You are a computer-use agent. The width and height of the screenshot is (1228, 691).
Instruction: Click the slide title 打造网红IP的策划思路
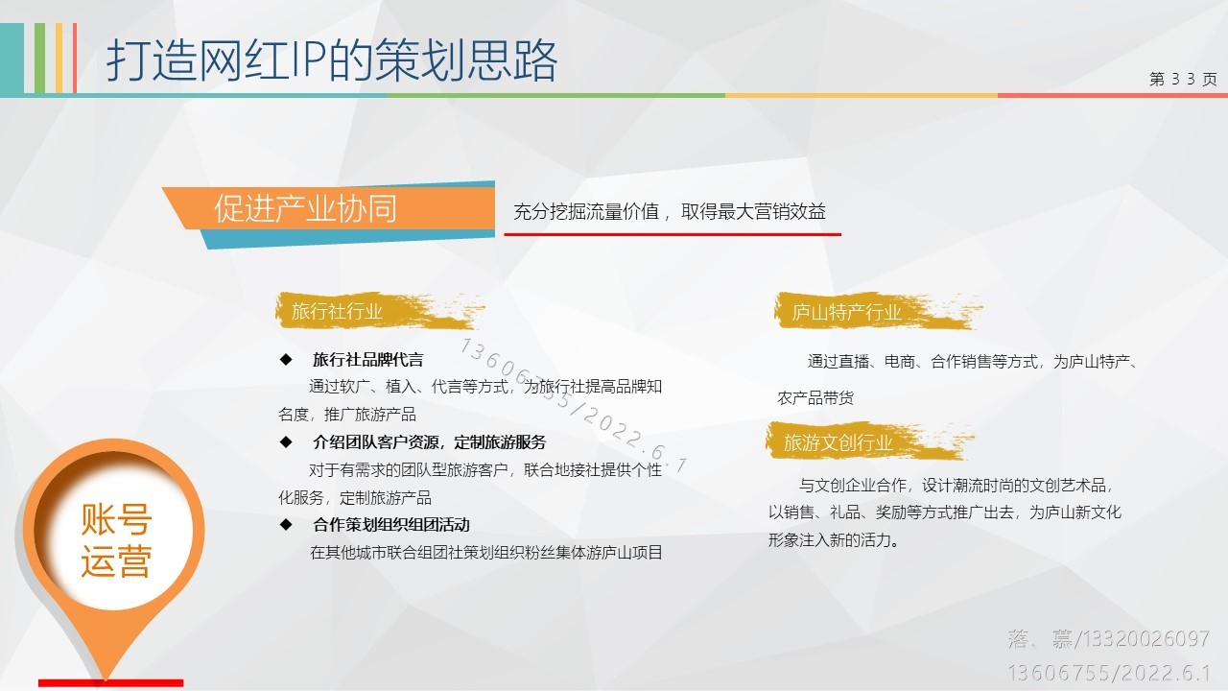tap(332, 60)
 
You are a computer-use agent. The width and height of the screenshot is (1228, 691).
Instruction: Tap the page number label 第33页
tap(1183, 79)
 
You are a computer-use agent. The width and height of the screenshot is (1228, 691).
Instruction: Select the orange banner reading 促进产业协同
tap(329, 209)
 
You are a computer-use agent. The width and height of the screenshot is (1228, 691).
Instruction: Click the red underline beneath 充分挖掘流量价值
tap(673, 234)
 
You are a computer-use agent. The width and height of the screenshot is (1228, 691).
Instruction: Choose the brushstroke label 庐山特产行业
tap(877, 312)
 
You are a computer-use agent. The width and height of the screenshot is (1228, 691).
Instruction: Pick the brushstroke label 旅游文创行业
tap(869, 442)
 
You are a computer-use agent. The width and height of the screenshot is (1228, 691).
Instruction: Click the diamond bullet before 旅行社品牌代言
tap(286, 360)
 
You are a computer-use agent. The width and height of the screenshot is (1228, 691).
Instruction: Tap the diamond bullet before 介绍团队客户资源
tap(286, 442)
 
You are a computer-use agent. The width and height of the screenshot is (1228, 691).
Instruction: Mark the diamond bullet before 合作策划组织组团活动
tap(286, 525)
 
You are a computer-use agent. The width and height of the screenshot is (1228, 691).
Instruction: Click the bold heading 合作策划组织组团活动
tap(391, 525)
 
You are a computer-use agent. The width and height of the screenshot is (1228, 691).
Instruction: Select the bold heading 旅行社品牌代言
tap(368, 360)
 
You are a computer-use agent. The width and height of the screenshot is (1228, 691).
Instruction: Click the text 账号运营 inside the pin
tap(116, 540)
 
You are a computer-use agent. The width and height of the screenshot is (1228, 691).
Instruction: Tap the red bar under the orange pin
tap(110, 682)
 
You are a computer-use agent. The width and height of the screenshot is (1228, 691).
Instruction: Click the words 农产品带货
tap(815, 398)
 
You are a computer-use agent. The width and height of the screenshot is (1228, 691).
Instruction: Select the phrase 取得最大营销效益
tap(753, 211)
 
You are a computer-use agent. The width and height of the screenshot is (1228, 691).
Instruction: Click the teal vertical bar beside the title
tap(12, 59)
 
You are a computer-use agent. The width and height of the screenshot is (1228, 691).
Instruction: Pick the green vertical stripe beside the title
tap(39, 59)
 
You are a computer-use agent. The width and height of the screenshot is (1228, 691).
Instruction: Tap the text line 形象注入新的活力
tap(834, 540)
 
